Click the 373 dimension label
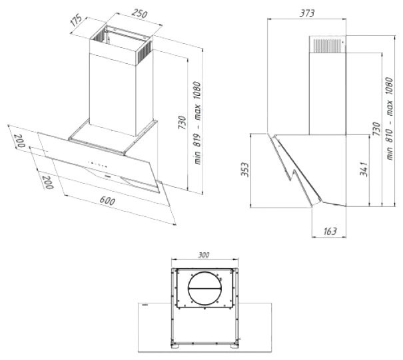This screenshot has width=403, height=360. pyautogui.click(x=307, y=13)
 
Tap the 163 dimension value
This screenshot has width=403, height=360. pyautogui.click(x=330, y=232)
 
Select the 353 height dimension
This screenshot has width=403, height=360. pyautogui.click(x=245, y=170)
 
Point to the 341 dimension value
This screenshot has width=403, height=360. pyautogui.click(x=364, y=169)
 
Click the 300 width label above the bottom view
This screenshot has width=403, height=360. pyautogui.click(x=204, y=255)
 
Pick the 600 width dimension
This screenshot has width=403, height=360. pyautogui.click(x=107, y=201)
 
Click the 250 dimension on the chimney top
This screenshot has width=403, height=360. pyautogui.click(x=139, y=13)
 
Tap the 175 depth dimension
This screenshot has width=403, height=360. pyautogui.click(x=77, y=20)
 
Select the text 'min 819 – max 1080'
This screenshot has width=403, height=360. pyautogui.click(x=197, y=123)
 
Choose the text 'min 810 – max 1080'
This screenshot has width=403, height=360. pyautogui.click(x=390, y=118)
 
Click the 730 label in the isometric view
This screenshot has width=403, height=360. pyautogui.click(x=182, y=122)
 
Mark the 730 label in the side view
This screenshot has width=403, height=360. pyautogui.click(x=376, y=129)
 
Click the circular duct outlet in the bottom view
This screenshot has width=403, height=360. pyautogui.click(x=204, y=288)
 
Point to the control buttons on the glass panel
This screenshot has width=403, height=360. pyautogui.click(x=97, y=164)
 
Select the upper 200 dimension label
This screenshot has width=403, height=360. pyautogui.click(x=20, y=140)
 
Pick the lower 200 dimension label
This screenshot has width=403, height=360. pyautogui.click(x=48, y=182)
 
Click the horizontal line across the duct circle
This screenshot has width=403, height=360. pyautogui.click(x=204, y=288)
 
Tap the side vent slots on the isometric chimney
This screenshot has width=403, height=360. pyautogui.click(x=145, y=53)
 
